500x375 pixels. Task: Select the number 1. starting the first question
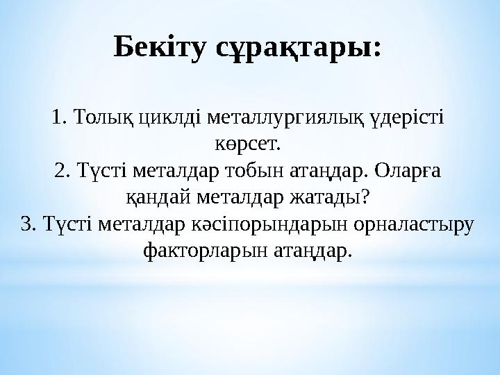[x=58, y=117]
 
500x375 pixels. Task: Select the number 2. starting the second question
[x=62, y=170]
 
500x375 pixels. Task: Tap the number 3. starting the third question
[x=28, y=224]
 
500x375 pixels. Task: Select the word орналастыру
[x=412, y=224]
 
